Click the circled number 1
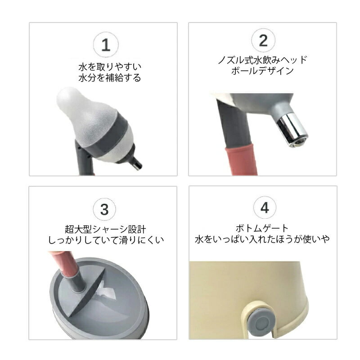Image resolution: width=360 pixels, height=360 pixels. click(106, 45)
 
